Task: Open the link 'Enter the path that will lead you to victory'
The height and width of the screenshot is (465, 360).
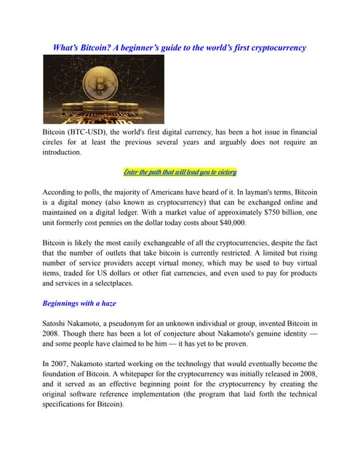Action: coord(180,172)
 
